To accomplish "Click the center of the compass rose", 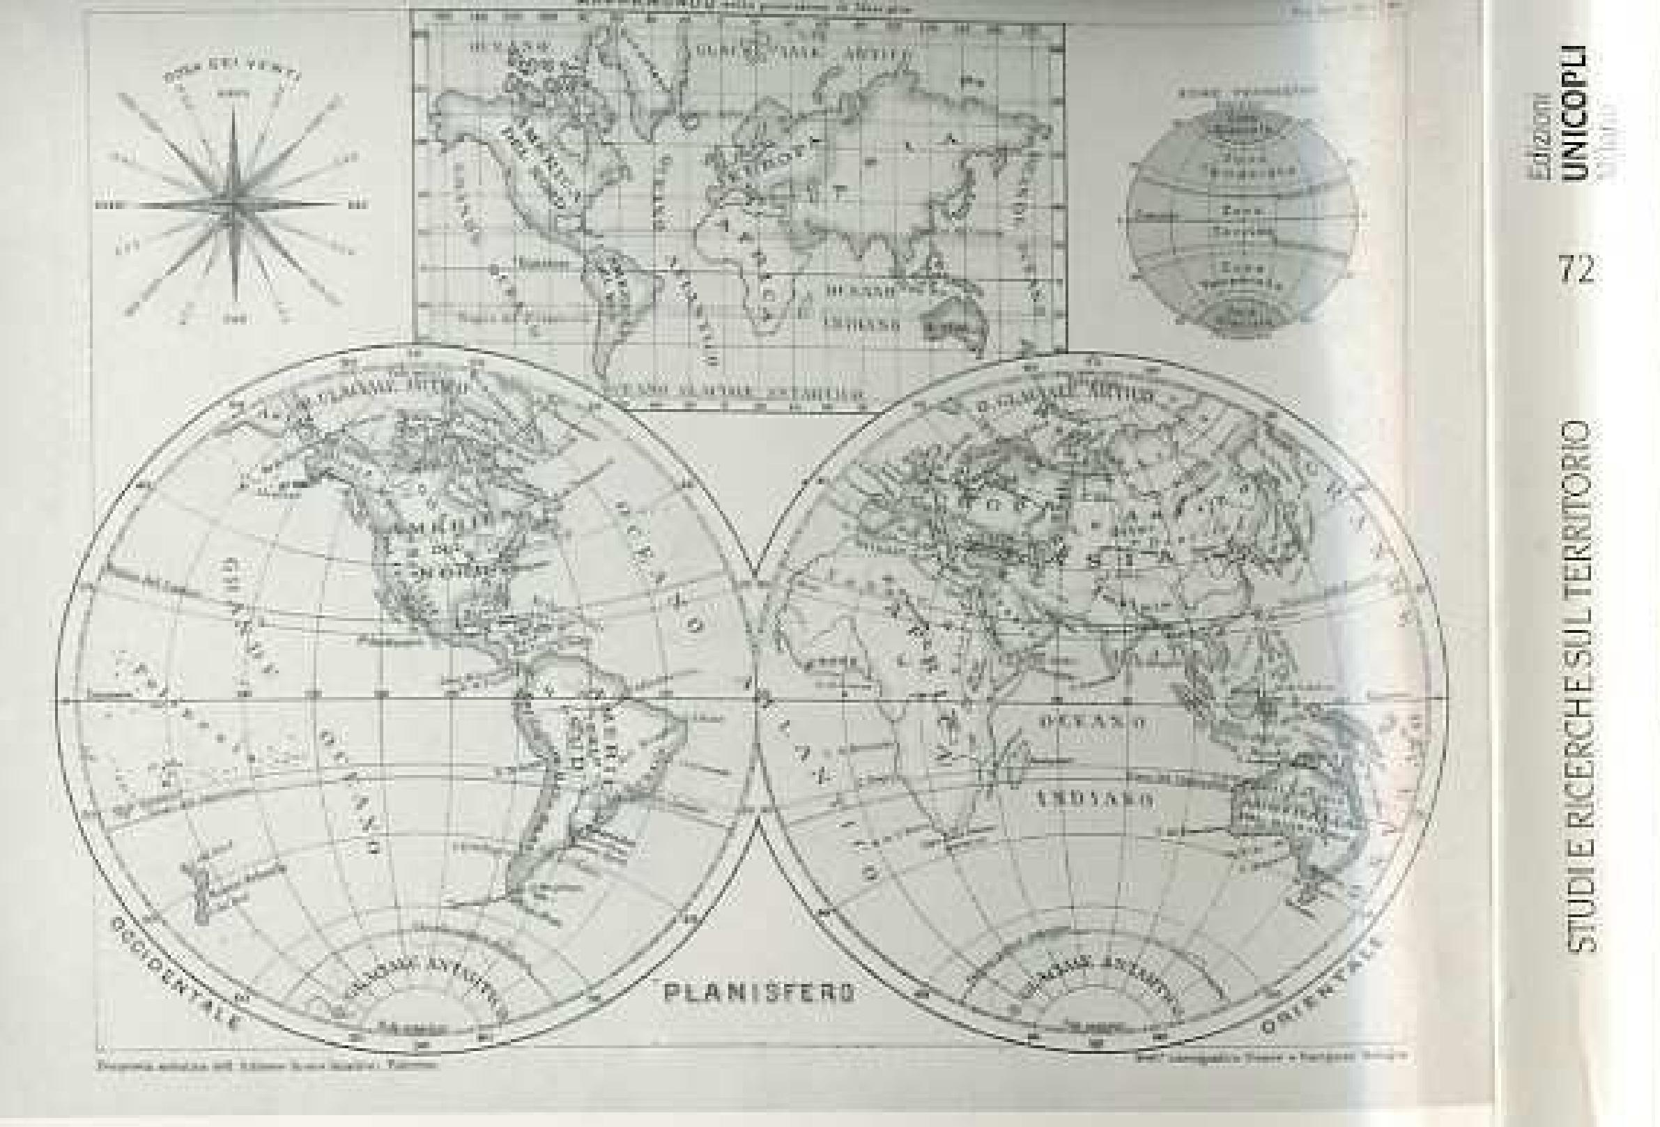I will coord(233,205).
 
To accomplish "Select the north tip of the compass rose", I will coord(233,107).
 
